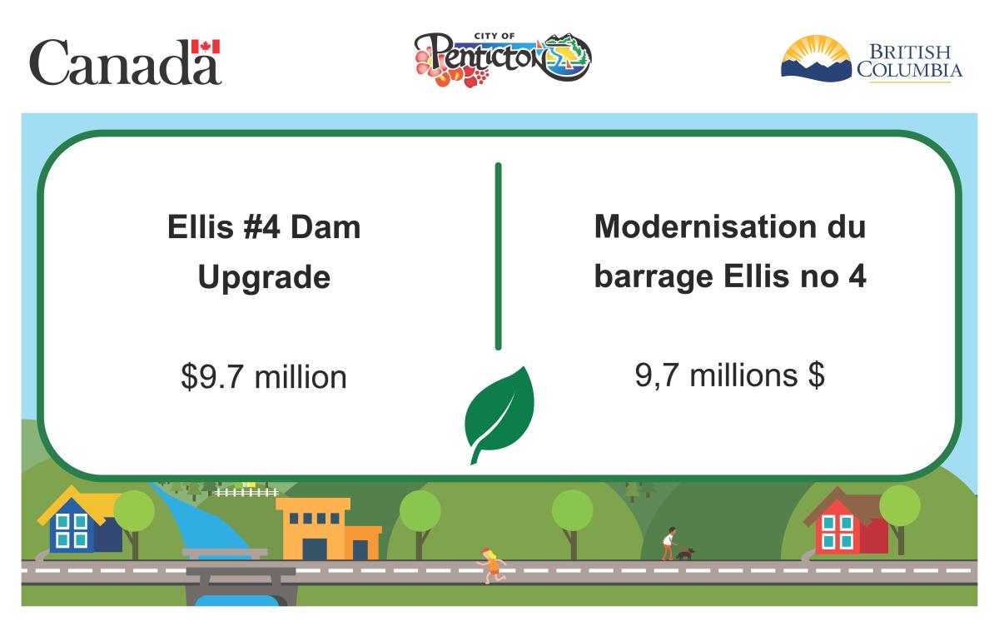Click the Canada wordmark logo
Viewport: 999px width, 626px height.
pos(126,63)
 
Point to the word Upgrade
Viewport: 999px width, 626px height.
pos(264,278)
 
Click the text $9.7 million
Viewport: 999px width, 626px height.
pos(264,377)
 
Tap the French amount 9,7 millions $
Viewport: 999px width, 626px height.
pos(729,375)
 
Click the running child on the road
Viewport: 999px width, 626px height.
pos(492,564)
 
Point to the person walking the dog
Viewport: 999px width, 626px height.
pos(668,543)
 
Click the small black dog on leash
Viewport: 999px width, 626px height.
pos(684,553)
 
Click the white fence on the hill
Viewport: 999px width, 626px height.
pos(246,492)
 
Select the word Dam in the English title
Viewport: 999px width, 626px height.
pos(330,227)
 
